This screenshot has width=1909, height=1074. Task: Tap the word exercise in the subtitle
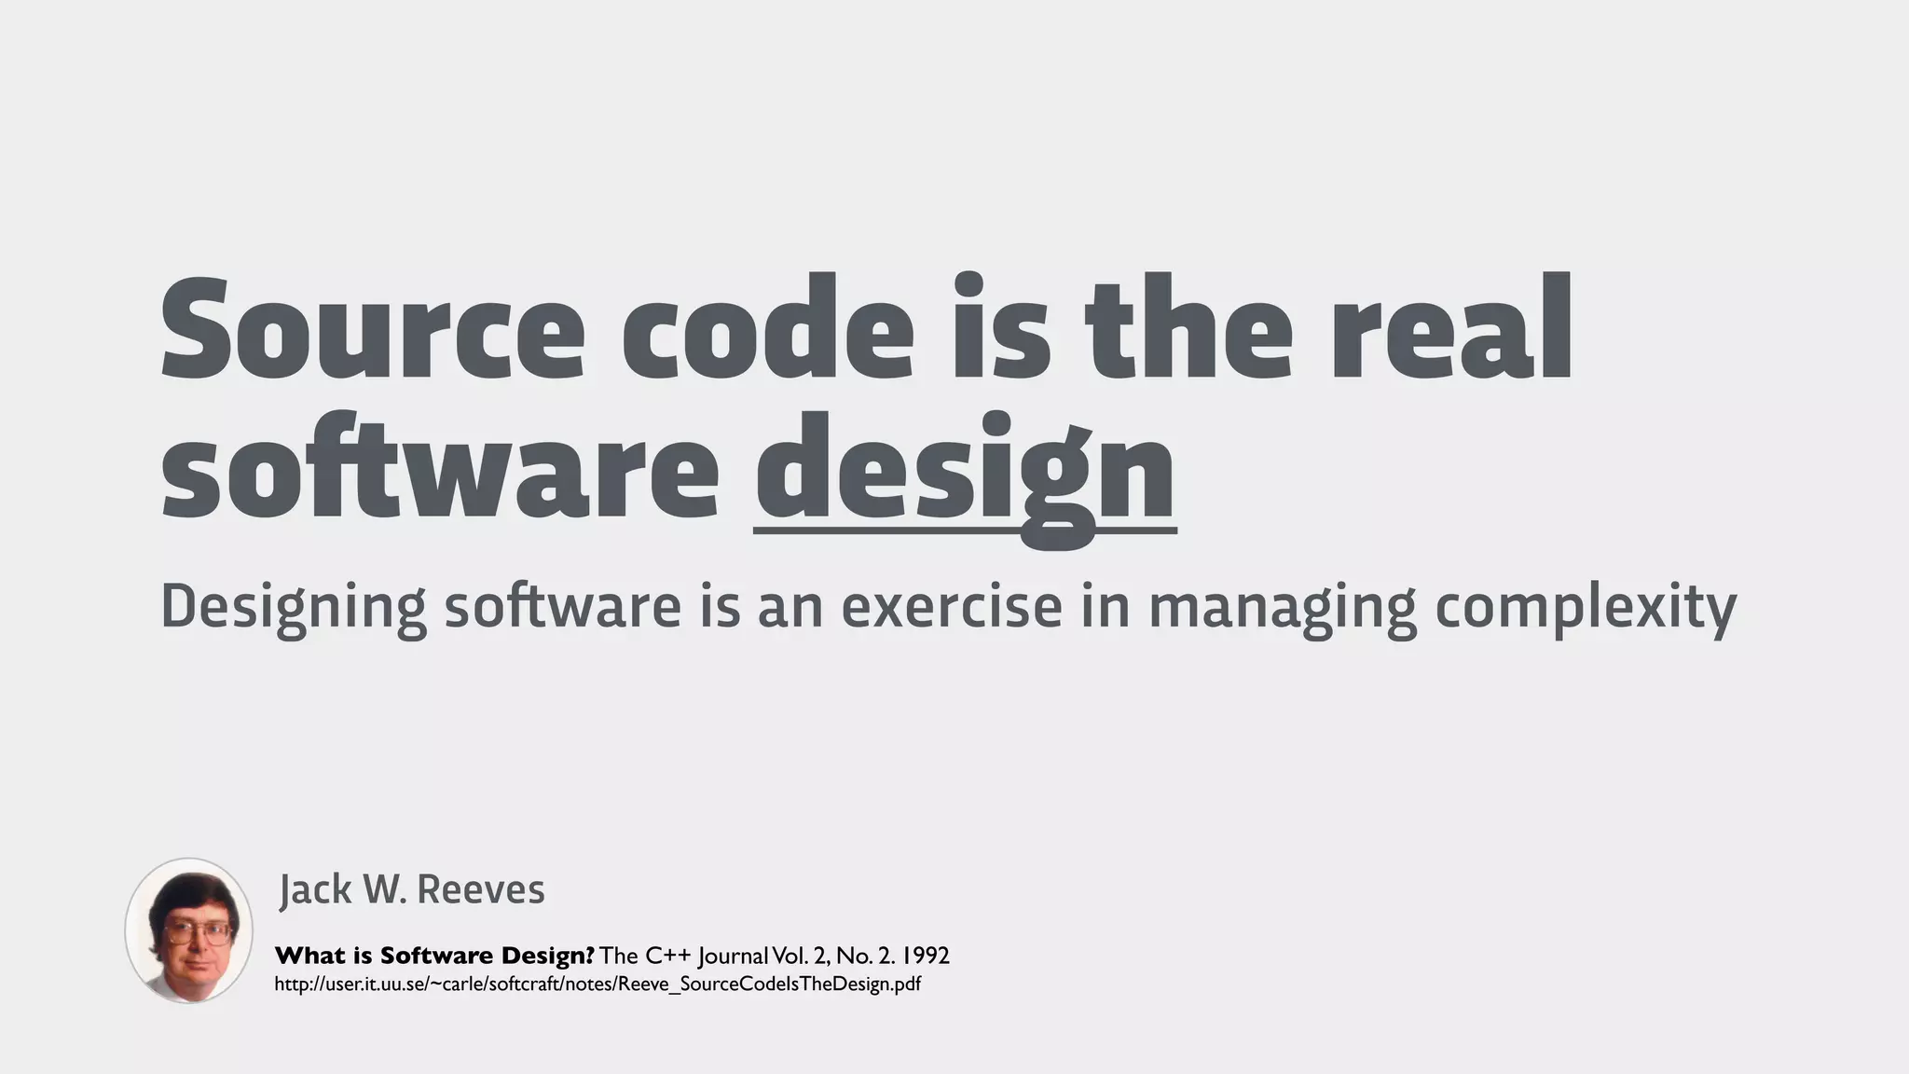coord(952,607)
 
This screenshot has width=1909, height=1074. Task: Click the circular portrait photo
coord(189,930)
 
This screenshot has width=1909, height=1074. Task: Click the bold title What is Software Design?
coord(434,956)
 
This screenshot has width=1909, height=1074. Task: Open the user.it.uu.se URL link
coord(597,984)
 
